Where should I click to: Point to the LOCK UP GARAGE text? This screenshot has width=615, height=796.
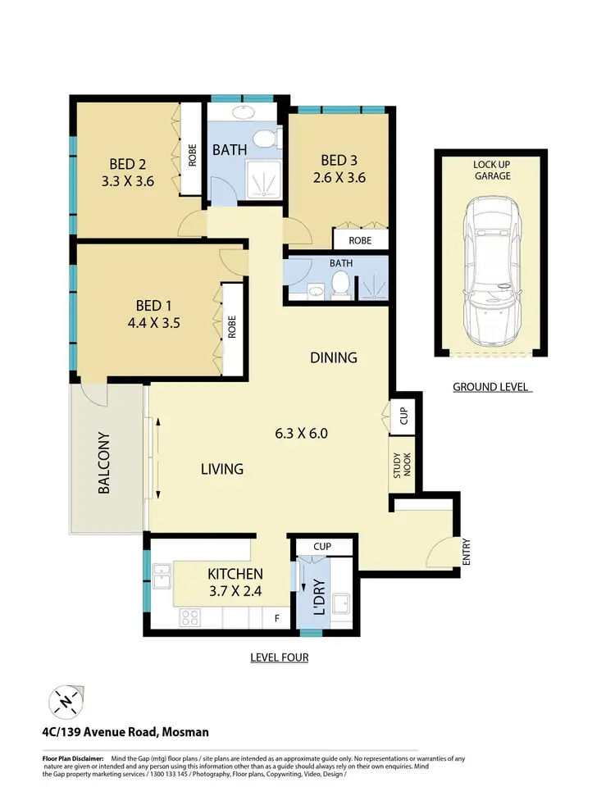pyautogui.click(x=491, y=170)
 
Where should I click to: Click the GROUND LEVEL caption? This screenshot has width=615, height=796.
pyautogui.click(x=491, y=387)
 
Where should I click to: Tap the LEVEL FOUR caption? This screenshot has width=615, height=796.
pyautogui.click(x=280, y=657)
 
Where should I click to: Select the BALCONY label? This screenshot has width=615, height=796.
pyautogui.click(x=104, y=462)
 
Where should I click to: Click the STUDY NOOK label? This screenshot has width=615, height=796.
pyautogui.click(x=402, y=465)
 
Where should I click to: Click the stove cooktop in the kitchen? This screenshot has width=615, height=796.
pyautogui.click(x=191, y=616)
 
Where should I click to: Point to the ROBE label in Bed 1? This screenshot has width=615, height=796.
pyautogui.click(x=232, y=327)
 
